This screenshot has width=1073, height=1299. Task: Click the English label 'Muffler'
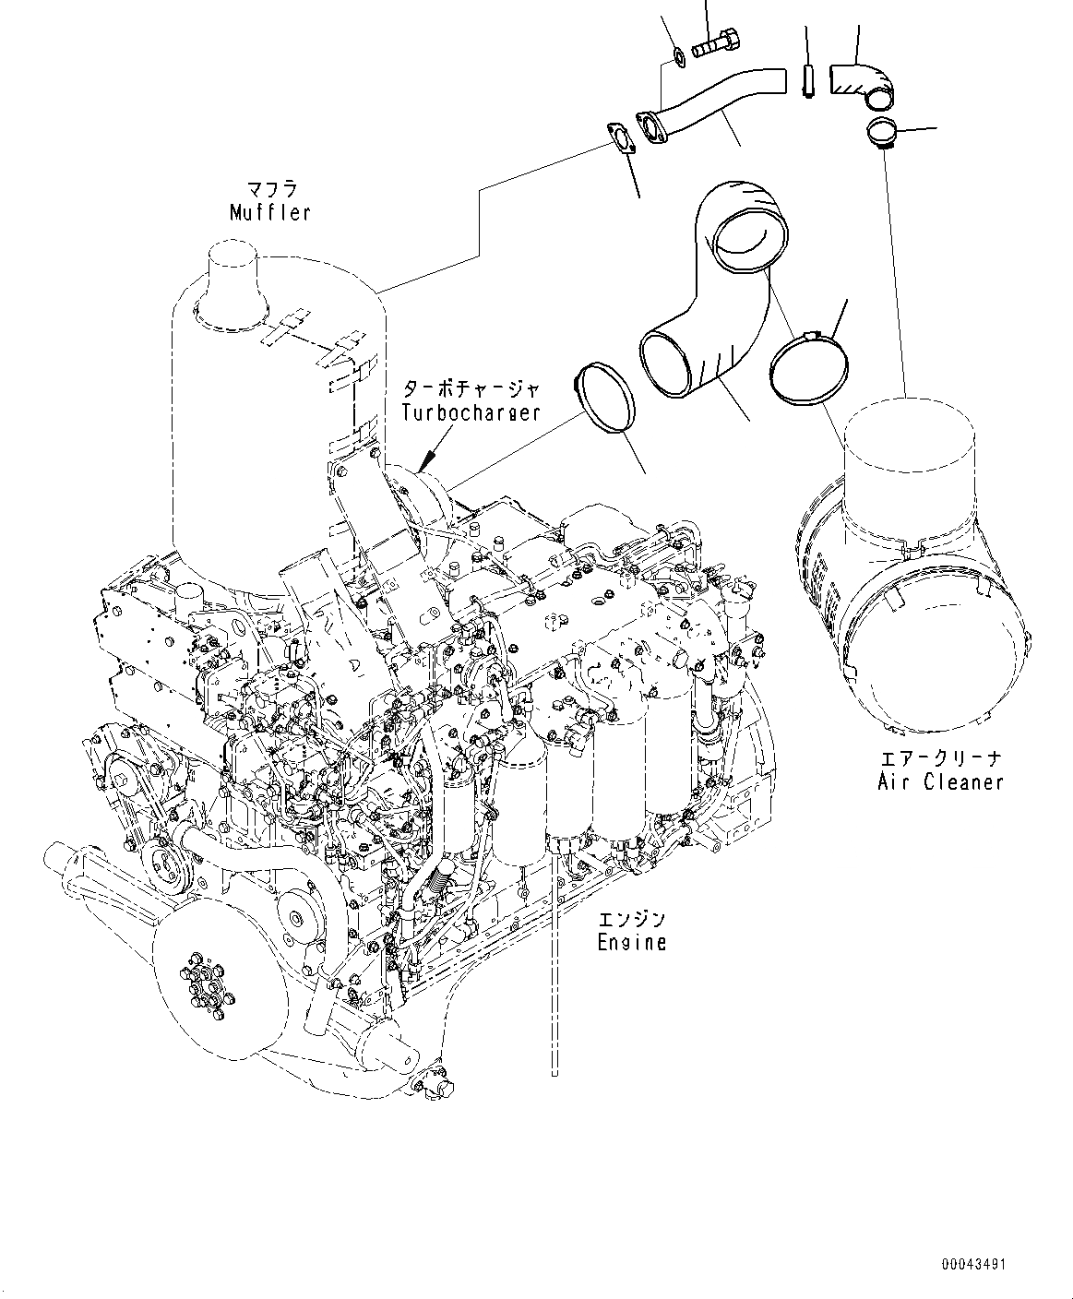click(269, 213)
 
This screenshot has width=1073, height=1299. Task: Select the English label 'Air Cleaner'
click(940, 781)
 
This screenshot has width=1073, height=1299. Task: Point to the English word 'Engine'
click(631, 942)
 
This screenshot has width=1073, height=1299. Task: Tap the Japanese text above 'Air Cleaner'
click(940, 758)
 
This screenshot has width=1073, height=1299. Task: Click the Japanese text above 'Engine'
click(631, 920)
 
